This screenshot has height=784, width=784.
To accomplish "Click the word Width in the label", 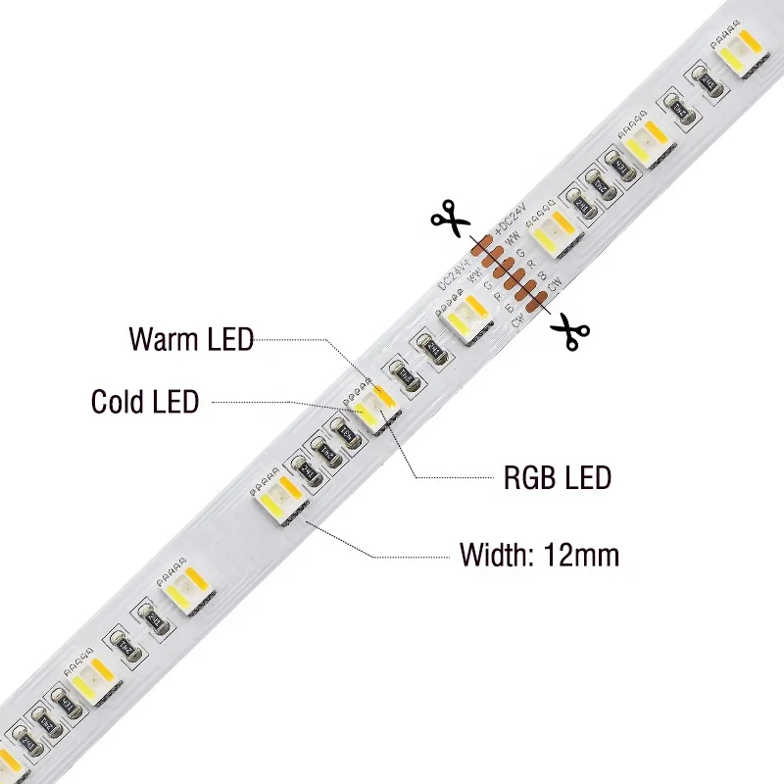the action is [494, 555].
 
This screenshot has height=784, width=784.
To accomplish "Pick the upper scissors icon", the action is [450, 217].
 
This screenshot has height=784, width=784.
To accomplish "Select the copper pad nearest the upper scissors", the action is [482, 247].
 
